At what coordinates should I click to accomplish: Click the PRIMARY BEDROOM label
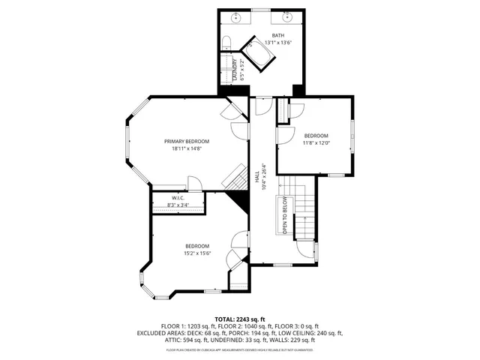pos(187,141)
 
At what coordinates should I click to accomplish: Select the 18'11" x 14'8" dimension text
pos(187,148)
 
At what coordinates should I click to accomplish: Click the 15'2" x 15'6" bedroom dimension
pos(197,253)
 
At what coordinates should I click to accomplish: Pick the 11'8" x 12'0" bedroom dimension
pos(316,142)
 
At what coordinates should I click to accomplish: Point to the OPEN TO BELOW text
pos(285,214)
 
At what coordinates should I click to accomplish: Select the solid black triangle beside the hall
pos(241,201)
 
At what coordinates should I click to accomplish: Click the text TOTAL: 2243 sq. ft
pos(239,318)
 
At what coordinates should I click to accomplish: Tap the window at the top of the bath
pos(262,10)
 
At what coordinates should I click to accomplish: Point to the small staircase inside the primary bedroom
pos(235,178)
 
